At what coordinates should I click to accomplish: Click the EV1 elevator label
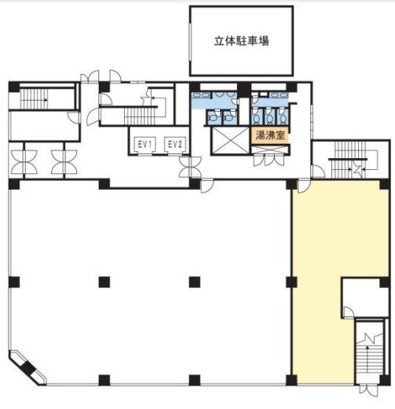(x=144, y=144)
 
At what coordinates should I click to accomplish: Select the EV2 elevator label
(x=175, y=144)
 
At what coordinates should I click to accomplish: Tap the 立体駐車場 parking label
(x=241, y=41)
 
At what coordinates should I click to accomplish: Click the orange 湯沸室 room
(x=270, y=135)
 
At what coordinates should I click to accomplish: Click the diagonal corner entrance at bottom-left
(x=27, y=368)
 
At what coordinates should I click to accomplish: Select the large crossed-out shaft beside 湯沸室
(x=231, y=140)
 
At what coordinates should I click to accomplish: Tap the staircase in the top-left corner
(x=34, y=99)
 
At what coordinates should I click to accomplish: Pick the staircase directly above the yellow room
(x=349, y=160)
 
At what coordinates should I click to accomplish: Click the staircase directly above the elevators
(x=140, y=116)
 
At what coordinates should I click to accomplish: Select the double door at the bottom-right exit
(x=368, y=390)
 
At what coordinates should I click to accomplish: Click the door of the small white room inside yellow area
(x=349, y=312)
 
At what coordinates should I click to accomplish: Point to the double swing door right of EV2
(x=191, y=167)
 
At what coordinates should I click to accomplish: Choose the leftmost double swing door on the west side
(x=24, y=162)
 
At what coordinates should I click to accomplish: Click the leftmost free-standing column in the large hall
(x=104, y=282)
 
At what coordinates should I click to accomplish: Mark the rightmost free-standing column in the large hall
(x=195, y=282)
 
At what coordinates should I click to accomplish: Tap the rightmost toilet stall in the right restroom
(x=283, y=116)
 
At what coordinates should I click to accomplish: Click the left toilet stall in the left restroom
(x=214, y=117)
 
